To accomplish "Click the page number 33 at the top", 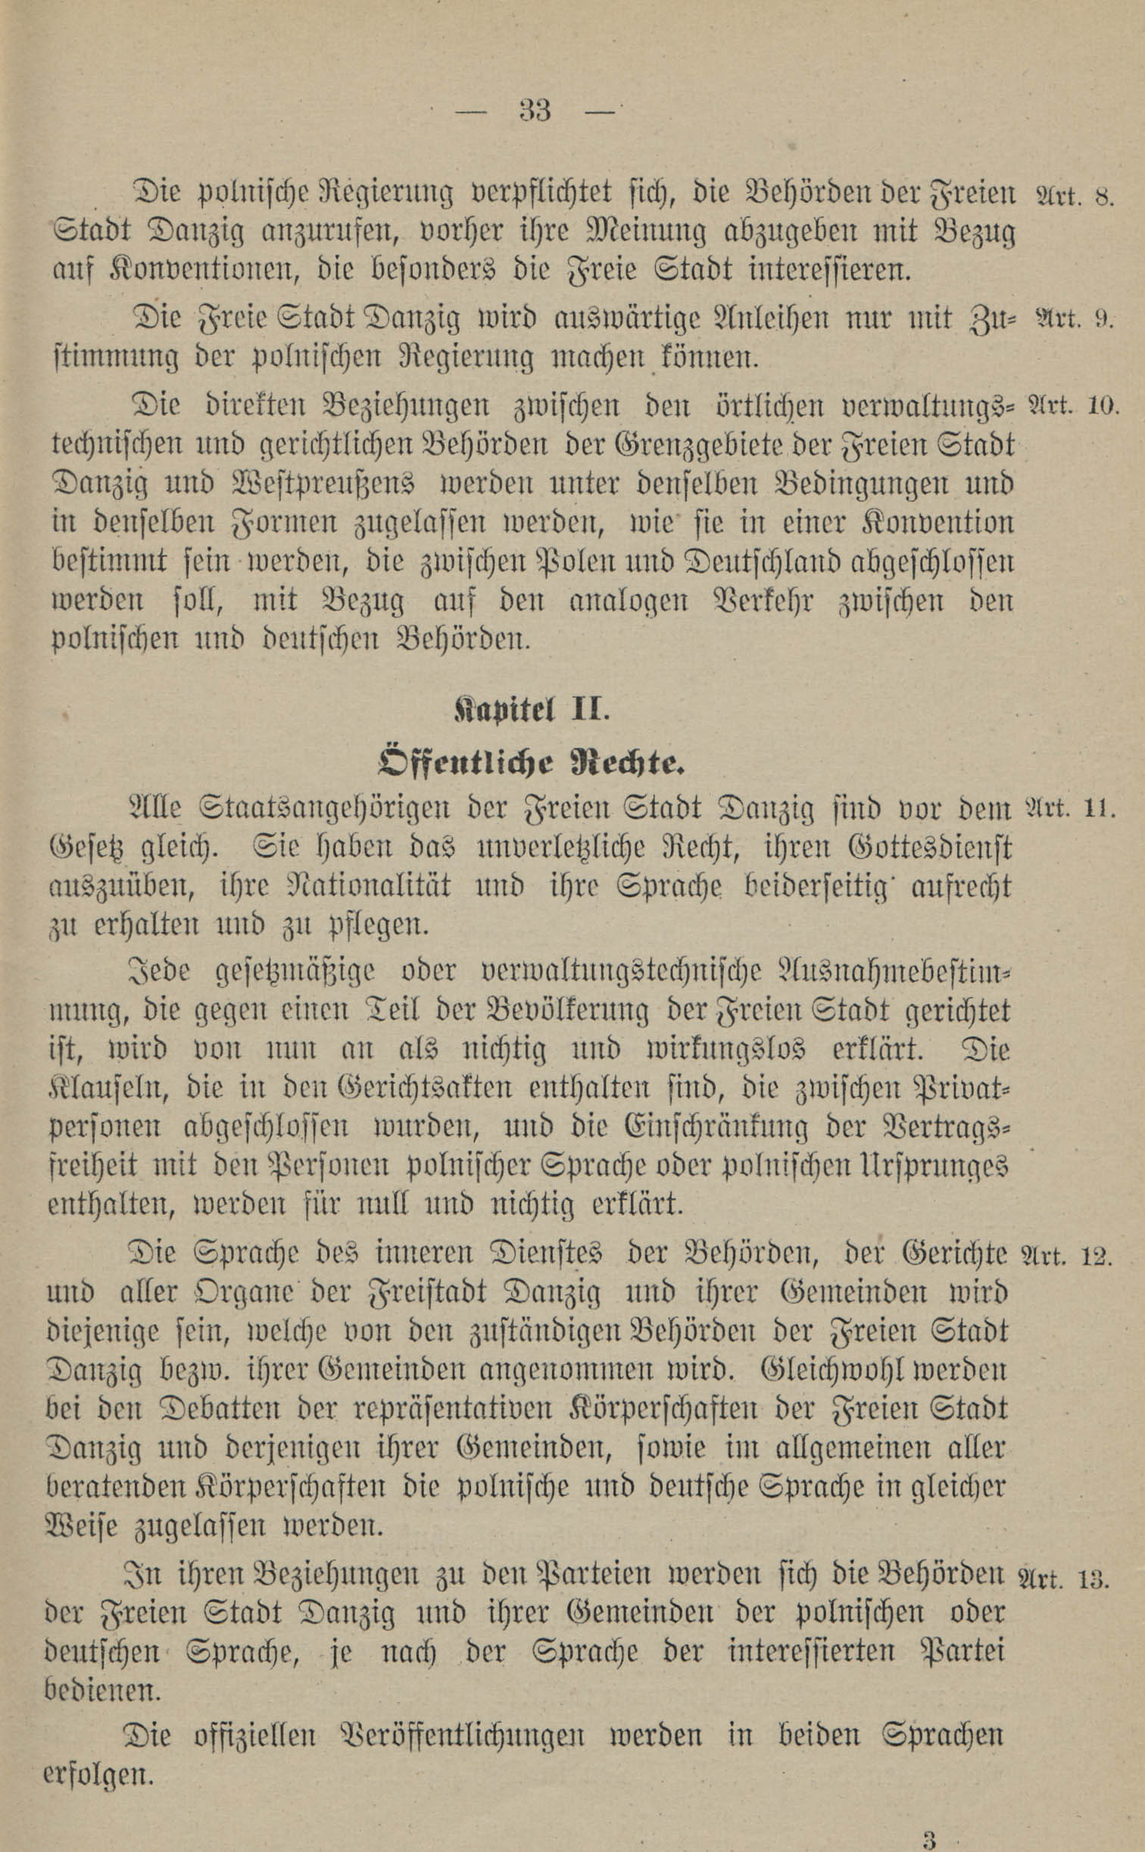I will (535, 111).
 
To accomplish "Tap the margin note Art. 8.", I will (1072, 196).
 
